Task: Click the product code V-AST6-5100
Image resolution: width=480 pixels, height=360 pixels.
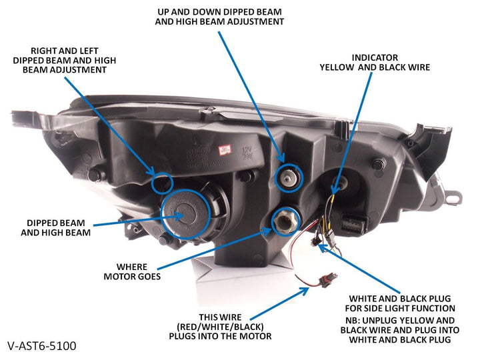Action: click(x=42, y=346)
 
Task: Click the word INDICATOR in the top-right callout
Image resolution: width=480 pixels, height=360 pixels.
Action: click(x=375, y=57)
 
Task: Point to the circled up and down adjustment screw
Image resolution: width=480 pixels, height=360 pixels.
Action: click(x=289, y=175)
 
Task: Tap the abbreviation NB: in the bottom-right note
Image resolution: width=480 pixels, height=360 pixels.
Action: click(x=349, y=319)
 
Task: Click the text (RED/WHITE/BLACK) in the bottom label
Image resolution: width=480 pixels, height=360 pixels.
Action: click(x=221, y=326)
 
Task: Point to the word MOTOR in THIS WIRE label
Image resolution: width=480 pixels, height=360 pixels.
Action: click(x=251, y=336)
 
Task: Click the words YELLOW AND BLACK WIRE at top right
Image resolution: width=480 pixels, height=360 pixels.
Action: click(x=375, y=67)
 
